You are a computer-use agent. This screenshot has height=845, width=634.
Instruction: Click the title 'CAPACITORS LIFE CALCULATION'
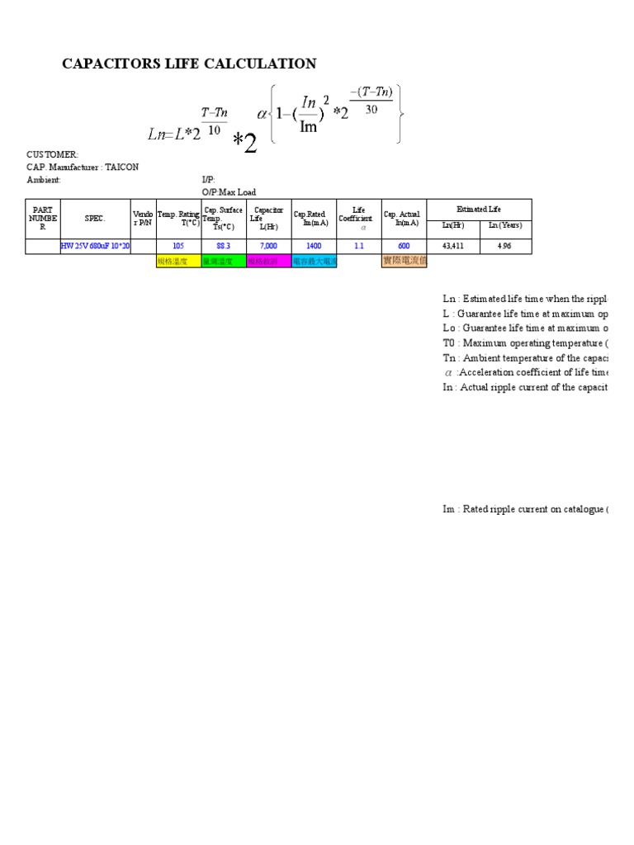click(189, 64)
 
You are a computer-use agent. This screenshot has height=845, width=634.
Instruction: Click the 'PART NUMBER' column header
click(43, 219)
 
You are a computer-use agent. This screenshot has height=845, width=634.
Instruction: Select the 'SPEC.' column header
click(95, 219)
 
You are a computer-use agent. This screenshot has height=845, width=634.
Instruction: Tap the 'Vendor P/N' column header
click(143, 219)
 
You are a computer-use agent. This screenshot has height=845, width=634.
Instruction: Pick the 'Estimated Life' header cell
click(479, 210)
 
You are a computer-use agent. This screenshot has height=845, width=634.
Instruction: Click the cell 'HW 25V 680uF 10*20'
click(95, 246)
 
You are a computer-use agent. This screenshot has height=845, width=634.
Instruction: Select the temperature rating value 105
click(178, 246)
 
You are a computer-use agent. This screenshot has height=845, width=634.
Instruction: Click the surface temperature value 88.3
click(223, 246)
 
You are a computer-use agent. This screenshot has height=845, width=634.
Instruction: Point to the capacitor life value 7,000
click(268, 246)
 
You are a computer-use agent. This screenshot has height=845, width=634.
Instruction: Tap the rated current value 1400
click(314, 246)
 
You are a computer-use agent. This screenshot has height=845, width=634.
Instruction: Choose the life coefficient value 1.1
click(358, 246)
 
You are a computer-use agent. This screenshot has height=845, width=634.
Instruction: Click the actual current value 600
click(404, 246)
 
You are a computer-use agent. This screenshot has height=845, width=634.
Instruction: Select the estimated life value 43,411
click(452, 246)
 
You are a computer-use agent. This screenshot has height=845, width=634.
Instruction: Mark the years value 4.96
click(505, 246)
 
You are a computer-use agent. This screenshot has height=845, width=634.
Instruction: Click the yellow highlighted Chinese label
click(178, 261)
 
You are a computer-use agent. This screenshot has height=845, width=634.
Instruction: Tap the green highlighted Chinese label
click(223, 261)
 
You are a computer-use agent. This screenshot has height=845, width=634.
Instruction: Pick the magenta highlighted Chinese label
click(268, 261)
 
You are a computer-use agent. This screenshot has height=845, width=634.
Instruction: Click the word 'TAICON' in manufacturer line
click(121, 168)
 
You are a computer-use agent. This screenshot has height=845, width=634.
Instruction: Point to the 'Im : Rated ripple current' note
click(525, 509)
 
